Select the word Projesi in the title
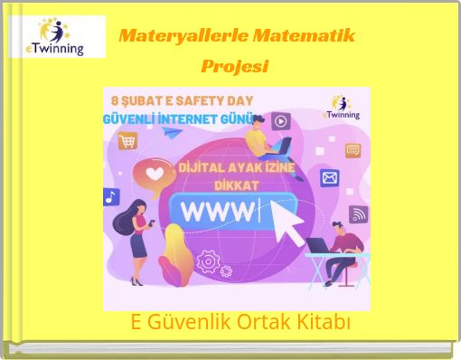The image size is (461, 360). tap(235, 67)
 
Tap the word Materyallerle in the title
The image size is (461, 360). tap(184, 37)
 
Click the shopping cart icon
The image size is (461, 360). tap(127, 141)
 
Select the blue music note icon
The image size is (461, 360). tap(111, 196)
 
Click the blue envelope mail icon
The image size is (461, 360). tap(330, 178)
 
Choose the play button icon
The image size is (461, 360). tap(281, 121)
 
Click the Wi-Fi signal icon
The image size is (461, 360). tap(358, 213)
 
